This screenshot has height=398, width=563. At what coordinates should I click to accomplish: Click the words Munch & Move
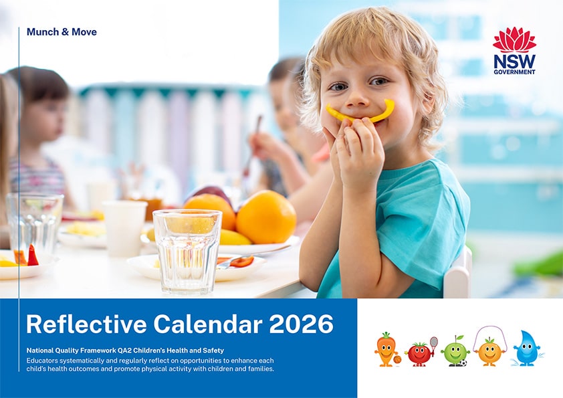[62, 32]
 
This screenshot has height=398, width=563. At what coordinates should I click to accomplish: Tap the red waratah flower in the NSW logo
[514, 39]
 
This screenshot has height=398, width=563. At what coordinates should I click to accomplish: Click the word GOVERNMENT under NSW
[514, 72]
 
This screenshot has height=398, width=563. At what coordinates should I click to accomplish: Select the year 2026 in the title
[301, 324]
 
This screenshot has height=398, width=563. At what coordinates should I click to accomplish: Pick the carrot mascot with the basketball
[386, 349]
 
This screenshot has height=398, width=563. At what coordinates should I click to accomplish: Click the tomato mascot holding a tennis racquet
[419, 353]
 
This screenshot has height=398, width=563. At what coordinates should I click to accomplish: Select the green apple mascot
[455, 351]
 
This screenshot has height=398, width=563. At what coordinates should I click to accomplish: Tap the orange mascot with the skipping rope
[489, 351]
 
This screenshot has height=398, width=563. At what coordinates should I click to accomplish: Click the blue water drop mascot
[527, 349]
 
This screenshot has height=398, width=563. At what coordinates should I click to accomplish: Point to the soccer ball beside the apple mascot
[462, 363]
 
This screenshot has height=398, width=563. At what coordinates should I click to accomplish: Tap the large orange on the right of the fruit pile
[266, 216]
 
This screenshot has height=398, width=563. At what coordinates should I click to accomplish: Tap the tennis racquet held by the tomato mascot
[433, 342]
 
